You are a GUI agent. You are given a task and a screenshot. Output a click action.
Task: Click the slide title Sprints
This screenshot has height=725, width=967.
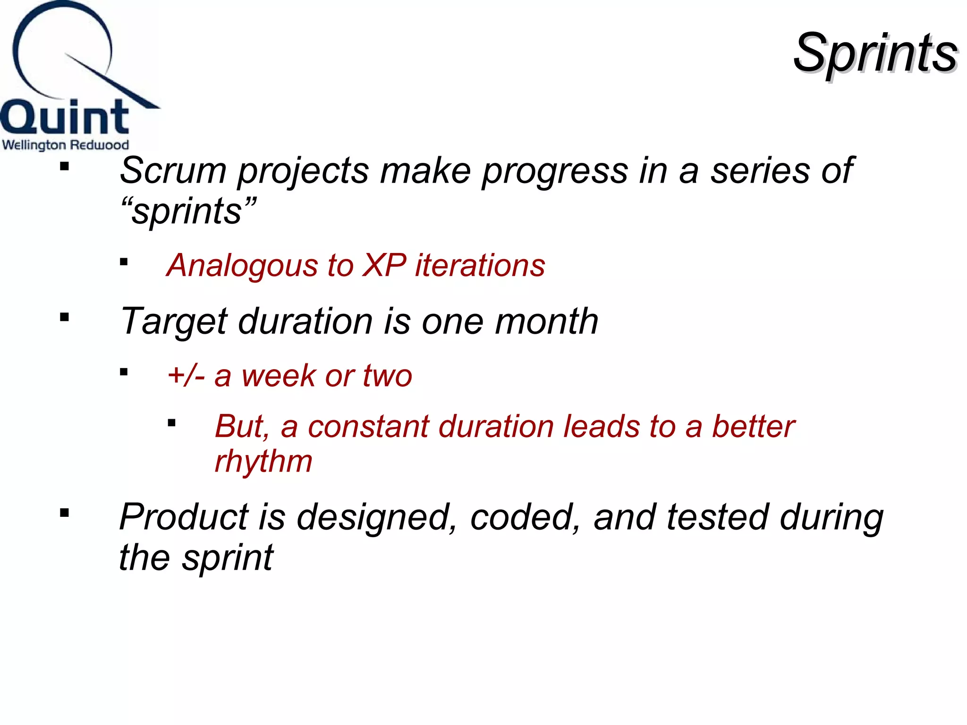(875, 53)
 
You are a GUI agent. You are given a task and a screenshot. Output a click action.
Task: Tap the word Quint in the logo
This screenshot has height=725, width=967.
(65, 117)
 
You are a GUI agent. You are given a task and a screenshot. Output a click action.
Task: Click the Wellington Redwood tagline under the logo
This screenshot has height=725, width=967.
(65, 144)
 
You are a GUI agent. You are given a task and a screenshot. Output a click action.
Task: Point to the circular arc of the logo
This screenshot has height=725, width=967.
(28, 28)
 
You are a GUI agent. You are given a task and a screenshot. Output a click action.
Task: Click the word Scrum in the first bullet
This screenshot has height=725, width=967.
(173, 170)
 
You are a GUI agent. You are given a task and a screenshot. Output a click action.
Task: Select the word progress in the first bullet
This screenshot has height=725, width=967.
(554, 170)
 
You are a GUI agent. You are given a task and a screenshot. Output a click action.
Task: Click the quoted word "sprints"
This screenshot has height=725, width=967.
(188, 211)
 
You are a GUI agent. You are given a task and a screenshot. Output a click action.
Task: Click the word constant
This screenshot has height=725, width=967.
(368, 427)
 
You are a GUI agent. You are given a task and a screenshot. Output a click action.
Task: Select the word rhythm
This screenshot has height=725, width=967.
(263, 461)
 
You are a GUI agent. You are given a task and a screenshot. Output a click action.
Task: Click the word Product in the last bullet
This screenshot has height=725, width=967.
(184, 517)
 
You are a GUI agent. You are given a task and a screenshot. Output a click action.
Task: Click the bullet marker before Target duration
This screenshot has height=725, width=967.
(65, 317)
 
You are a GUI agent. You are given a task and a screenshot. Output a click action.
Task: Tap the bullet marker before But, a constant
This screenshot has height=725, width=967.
(172, 423)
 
